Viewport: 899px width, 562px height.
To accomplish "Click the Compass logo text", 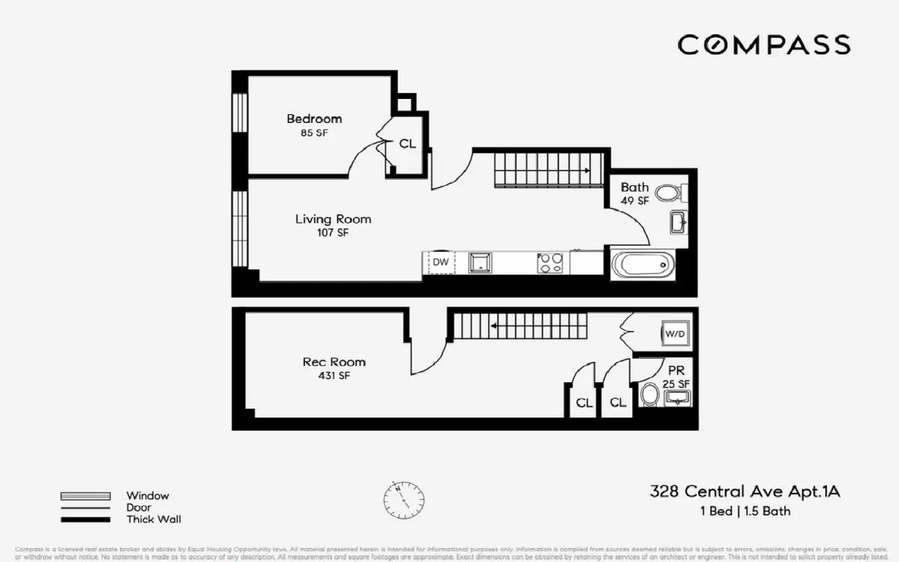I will (764, 45).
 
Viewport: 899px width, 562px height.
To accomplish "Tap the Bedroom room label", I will (314, 118).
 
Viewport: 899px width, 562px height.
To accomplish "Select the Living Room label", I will (333, 220).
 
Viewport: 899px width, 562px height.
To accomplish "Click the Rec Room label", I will (334, 362).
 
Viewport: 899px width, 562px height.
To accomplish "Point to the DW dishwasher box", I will (441, 262).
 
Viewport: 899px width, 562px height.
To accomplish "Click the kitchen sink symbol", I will (479, 262).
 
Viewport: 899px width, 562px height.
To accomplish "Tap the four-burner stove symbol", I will (550, 263).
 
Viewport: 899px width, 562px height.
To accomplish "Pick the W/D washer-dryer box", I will (675, 333).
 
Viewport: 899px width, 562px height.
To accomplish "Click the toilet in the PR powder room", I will (650, 394).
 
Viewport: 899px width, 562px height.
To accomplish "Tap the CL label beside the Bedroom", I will (408, 144).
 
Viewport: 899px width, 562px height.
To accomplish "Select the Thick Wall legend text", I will (154, 519).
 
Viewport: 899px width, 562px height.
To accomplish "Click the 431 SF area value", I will (335, 376).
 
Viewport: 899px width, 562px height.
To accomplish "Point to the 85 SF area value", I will (314, 133).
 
